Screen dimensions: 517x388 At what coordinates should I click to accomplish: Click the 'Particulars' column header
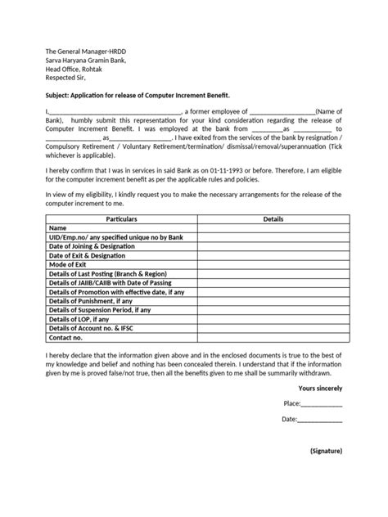click(121, 220)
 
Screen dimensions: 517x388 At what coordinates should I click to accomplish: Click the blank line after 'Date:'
click(320, 420)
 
